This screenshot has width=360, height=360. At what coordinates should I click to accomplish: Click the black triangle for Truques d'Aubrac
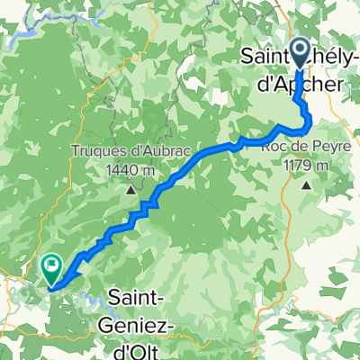point(131,190)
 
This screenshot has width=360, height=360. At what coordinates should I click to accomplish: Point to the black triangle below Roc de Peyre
point(306,185)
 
